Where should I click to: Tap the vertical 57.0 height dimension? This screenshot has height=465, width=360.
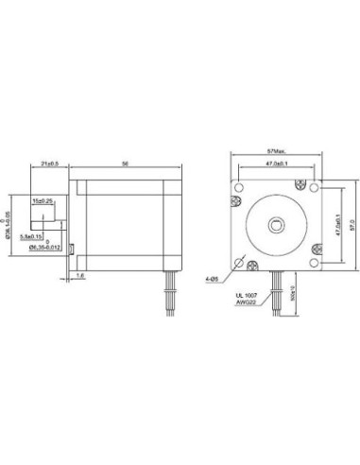click(354, 225)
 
